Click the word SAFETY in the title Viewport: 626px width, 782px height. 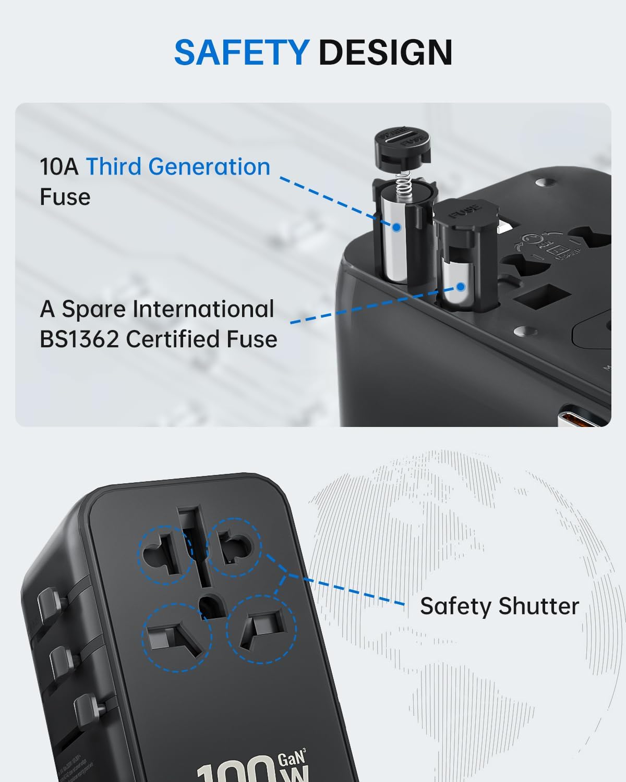(x=242, y=52)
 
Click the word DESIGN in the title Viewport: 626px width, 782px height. (x=385, y=52)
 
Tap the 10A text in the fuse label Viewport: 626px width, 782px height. (x=59, y=167)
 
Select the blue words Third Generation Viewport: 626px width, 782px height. (x=178, y=167)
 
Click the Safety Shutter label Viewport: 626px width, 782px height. (x=499, y=606)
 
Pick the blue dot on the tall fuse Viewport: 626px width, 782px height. (x=396, y=227)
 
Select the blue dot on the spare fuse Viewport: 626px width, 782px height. (x=461, y=286)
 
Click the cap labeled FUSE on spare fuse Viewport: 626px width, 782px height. (x=464, y=215)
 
